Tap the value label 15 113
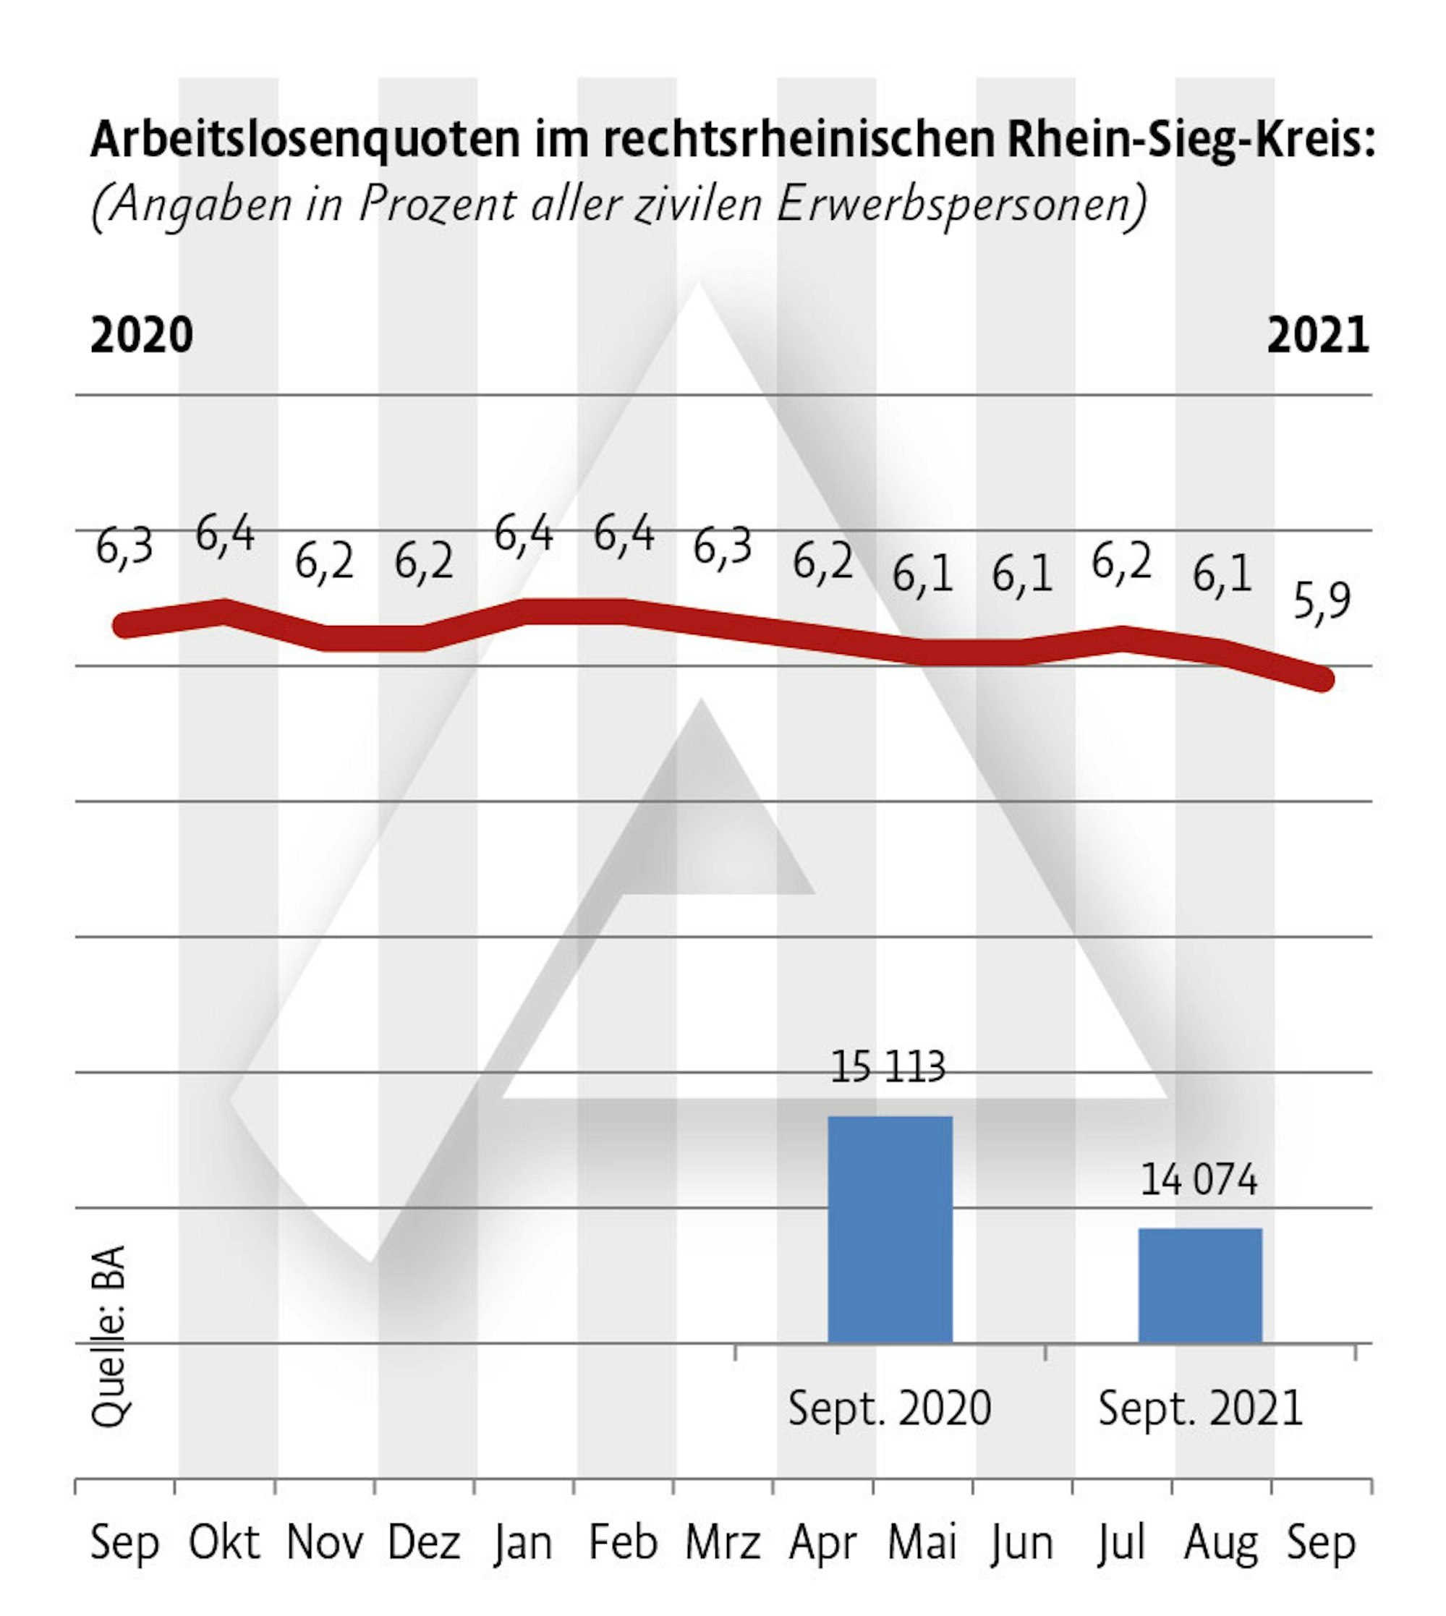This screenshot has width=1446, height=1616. pyautogui.click(x=888, y=1067)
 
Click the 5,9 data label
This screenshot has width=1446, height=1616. pyautogui.click(x=1322, y=601)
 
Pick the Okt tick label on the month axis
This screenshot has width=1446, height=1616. pyautogui.click(x=224, y=1542)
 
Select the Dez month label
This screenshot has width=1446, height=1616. pyautogui.click(x=423, y=1542)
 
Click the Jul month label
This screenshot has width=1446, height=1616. pyautogui.click(x=1121, y=1542)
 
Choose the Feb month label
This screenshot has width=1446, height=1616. pyautogui.click(x=623, y=1542)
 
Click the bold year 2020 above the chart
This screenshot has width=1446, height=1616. pyautogui.click(x=142, y=335)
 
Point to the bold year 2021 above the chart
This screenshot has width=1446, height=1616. pyautogui.click(x=1317, y=335)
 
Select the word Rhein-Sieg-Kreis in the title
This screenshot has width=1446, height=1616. pyautogui.click(x=1190, y=140)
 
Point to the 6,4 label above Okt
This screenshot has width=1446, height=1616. pyautogui.click(x=225, y=533)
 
